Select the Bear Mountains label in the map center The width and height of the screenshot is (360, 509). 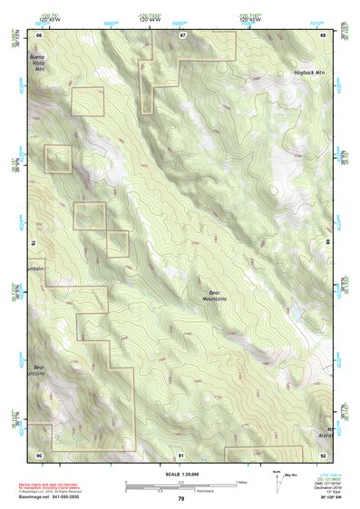[x=215, y=296]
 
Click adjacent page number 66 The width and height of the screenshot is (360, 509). [x=40, y=34]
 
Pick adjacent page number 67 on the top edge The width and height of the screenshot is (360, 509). [x=182, y=34]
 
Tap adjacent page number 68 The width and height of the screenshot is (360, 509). [x=325, y=34]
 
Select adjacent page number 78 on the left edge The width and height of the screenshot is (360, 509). [x=34, y=243]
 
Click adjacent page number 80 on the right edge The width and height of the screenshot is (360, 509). [x=327, y=243]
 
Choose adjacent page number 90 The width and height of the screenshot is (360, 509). [x=40, y=453]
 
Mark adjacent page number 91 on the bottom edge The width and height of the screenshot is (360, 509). [x=182, y=453]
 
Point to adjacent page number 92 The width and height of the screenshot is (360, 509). [x=325, y=453]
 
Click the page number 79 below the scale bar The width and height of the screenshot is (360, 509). [x=180, y=498]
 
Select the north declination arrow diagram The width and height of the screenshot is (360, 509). [x=276, y=478]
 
